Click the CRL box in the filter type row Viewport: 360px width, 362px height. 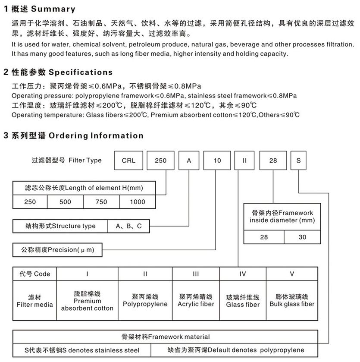128,161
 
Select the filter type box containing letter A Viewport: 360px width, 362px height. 188,161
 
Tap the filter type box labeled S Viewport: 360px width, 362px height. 298,161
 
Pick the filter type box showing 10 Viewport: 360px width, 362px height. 217,161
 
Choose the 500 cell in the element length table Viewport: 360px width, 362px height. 66,201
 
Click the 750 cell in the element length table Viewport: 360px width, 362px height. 101,201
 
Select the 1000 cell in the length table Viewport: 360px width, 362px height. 138,201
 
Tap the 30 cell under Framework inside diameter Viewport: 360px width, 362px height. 302,237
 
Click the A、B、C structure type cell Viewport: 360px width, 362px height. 129,226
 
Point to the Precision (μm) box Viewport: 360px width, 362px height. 58,249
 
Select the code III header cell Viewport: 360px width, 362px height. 196,274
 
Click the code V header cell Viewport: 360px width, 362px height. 292,274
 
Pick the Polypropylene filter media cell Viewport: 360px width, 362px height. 145,301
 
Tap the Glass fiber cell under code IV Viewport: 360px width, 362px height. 243,301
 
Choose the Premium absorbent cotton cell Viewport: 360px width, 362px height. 87,301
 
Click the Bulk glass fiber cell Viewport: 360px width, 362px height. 292,301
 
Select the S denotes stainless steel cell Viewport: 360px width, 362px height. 82,350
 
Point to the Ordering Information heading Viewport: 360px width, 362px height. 95,135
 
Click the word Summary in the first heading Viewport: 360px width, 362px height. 53,9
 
